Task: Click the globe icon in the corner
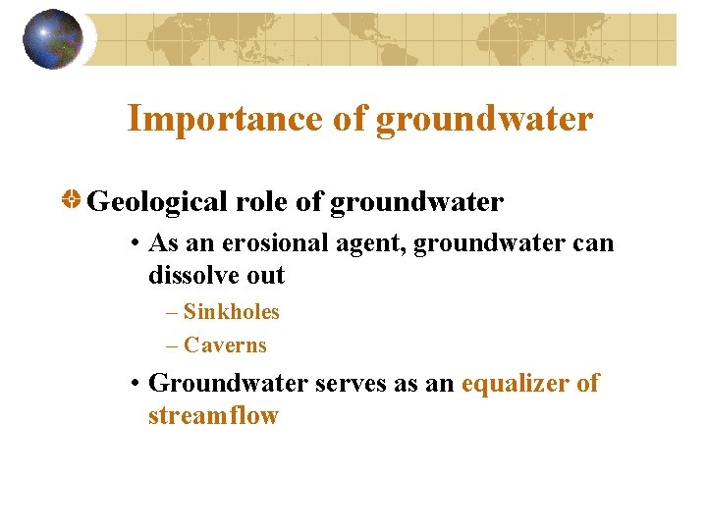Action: coord(53,39)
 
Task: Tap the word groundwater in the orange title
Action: coord(485,119)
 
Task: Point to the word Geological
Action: coord(158,203)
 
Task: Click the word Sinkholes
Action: coord(232,312)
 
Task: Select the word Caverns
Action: coord(225,345)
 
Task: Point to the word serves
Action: coord(351,384)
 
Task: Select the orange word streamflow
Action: coord(213,416)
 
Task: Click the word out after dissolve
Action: coord(264,276)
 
